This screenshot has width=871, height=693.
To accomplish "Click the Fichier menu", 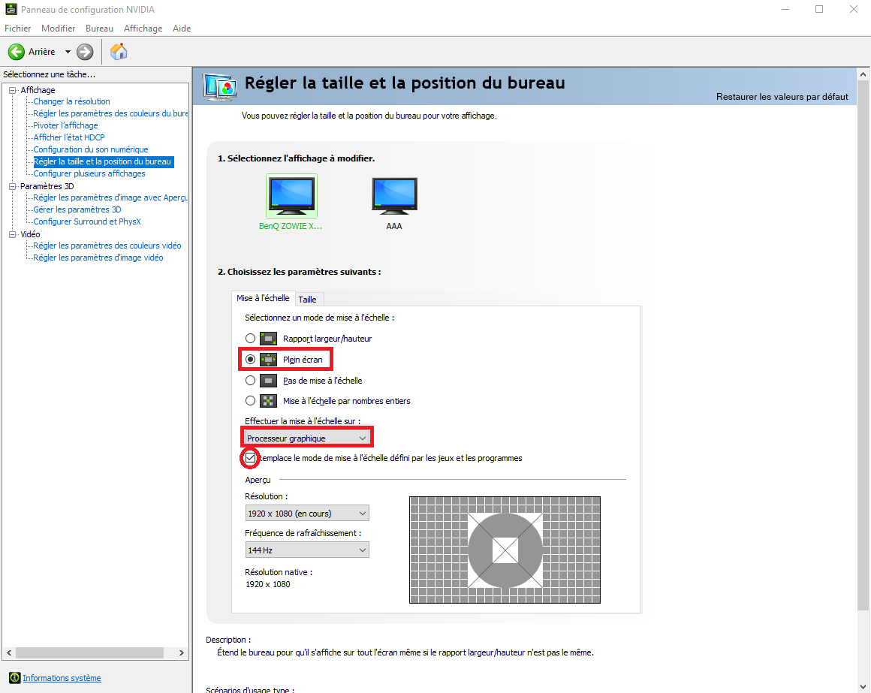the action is (x=18, y=29).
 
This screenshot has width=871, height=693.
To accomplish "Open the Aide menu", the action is (x=182, y=29).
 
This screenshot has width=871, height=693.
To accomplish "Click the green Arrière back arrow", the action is (x=16, y=52).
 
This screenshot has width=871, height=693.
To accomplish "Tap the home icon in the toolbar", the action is (x=119, y=52).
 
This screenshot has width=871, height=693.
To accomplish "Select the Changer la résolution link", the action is (x=71, y=101).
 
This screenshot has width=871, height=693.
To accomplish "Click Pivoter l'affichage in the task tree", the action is (x=65, y=125).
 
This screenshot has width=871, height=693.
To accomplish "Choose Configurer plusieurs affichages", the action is (x=89, y=173).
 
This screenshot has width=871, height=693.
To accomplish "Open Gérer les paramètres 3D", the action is (x=77, y=210).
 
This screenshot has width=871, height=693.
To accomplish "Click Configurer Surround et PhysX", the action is (x=87, y=221).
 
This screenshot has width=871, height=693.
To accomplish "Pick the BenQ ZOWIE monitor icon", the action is (x=291, y=195).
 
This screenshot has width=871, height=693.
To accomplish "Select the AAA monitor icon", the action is (x=394, y=195).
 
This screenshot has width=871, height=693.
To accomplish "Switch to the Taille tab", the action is (x=307, y=300).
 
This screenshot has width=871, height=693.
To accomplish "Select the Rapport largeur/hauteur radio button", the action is (x=251, y=338).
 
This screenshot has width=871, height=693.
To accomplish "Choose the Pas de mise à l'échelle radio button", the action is (x=251, y=381).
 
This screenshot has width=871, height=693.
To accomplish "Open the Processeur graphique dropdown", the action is (x=306, y=438).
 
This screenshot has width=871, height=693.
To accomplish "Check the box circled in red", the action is (x=251, y=458).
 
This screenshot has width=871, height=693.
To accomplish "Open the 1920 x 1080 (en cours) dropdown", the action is (x=306, y=513).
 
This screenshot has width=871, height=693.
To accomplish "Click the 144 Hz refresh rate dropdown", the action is (x=306, y=550).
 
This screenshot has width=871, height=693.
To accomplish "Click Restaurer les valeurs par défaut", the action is (x=782, y=97).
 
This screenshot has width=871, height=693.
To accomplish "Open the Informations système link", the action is (x=62, y=678).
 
